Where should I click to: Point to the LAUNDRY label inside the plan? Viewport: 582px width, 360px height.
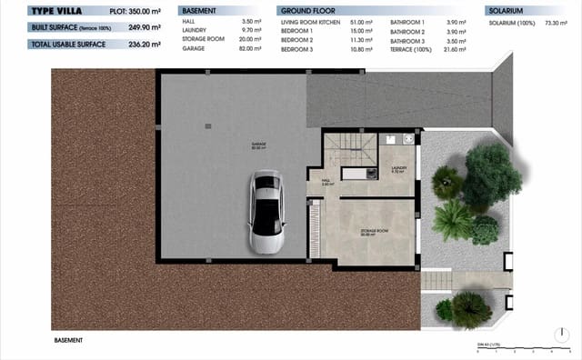[398, 168]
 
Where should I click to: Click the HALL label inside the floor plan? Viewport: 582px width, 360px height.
[326, 181]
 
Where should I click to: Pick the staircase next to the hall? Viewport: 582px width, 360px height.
[352, 147]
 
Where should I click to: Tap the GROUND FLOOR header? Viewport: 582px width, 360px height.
[304, 11]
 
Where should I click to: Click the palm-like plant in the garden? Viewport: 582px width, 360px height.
[448, 218]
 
